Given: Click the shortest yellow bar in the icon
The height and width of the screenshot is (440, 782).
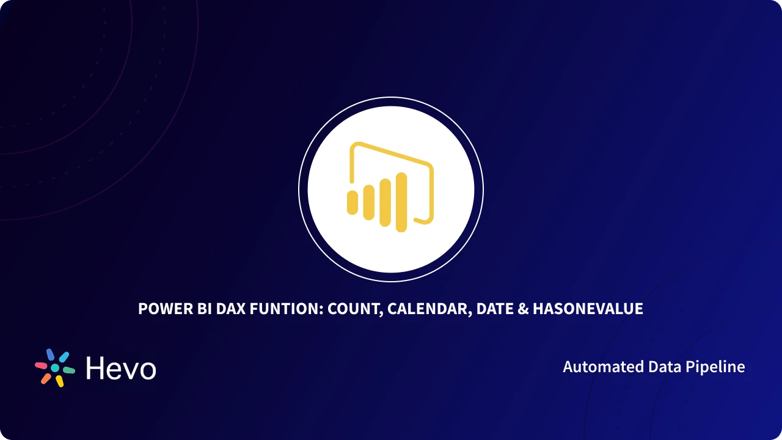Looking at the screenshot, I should point(353,202).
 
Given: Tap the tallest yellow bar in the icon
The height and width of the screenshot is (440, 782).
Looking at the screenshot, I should point(401,202).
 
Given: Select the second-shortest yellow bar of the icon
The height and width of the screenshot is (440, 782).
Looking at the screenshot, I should point(368,202).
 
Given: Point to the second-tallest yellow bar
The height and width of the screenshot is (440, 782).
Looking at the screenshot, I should point(385,202).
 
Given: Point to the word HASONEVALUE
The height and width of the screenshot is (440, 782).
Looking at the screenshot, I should point(588,309).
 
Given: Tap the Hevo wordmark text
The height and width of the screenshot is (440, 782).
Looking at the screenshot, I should point(121,369).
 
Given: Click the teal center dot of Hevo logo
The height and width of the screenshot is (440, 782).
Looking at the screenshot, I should point(55,368).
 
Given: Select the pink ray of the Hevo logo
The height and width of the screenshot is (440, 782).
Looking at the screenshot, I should point(42,365).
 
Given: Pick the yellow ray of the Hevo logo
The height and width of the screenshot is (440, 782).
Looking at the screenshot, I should point(59,381).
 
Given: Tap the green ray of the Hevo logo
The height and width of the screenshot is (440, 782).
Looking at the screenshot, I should point(69,370).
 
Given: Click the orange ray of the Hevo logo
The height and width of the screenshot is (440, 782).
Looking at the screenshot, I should point(46,378).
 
